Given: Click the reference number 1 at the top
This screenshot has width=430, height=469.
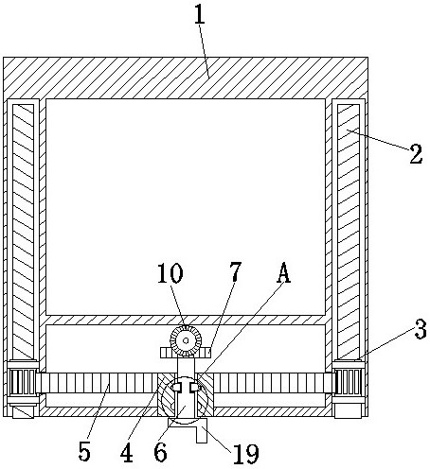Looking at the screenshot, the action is point(200,13).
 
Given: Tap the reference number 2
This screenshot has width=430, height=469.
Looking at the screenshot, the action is point(416,154).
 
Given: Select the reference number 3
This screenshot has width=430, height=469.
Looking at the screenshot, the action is point(421,329).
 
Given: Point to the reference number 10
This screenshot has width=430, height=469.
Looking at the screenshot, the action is point(170,273).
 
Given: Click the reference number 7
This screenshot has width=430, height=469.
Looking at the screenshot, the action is point(235,271).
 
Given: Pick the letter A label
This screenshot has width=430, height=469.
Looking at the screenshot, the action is point(283,272).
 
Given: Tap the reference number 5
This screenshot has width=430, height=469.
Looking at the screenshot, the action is point(84,451).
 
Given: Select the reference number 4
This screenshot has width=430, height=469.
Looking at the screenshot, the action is point(127,453).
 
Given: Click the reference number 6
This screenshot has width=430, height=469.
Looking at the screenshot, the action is point(160,452).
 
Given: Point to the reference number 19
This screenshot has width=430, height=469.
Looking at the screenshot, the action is point(246,454).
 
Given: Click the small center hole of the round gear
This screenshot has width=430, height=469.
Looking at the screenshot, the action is point(186,340).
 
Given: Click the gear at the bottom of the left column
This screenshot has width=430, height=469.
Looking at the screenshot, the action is point(23,382).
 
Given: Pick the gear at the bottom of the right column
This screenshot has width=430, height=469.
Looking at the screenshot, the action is point(349,382).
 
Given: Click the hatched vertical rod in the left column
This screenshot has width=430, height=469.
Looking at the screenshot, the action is point(23,232).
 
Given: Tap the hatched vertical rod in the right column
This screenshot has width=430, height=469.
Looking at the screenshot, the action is point(349,232).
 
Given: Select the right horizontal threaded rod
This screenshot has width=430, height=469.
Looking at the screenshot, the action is point(274,383).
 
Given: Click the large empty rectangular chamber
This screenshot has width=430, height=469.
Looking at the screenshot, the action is point(186,207).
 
